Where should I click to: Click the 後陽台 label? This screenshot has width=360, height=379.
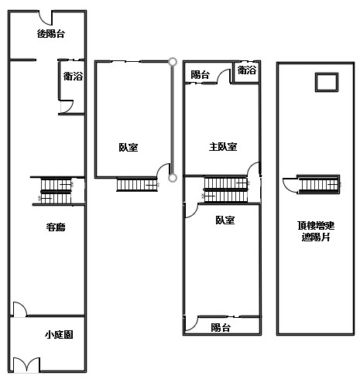coord(51,34)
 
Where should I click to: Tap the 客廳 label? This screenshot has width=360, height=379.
coord(56,227)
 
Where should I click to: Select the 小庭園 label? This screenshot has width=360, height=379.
coord(59,335)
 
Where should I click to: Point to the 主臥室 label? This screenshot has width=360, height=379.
coord(223,147)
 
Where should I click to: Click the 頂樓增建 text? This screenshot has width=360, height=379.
coord(316,226)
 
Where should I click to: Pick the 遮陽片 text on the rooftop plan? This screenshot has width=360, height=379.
coord(316,237)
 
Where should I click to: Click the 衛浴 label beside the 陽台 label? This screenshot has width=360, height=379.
coord(247,70)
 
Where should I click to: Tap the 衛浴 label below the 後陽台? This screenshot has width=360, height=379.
coord(73,77)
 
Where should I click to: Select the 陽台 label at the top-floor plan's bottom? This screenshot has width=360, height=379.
coord(221,328)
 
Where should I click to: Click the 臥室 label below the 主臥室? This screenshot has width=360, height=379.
coord(225,220)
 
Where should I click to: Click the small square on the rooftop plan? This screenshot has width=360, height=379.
coord(327,82)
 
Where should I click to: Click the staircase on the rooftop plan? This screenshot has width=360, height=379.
coord(319,184)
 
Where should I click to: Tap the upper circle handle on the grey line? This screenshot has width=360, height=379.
coord(173,62)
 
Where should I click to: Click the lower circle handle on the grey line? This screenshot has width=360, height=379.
coord(173,178)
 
